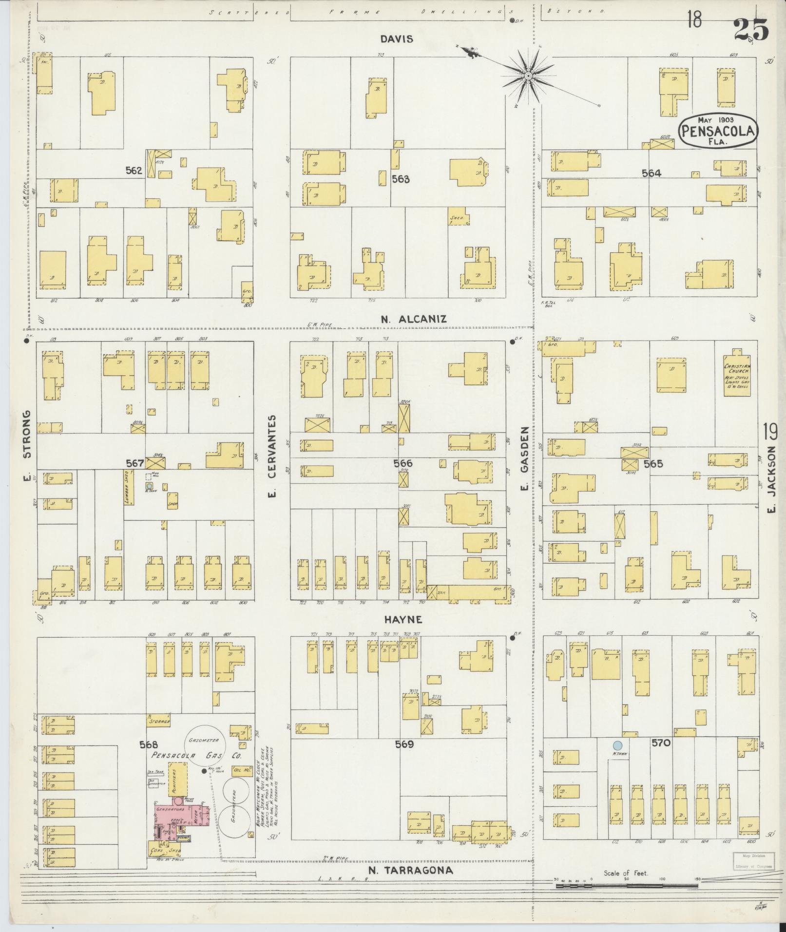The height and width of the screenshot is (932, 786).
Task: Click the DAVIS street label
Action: click(398, 39)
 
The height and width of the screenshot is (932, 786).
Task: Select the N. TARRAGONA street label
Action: click(410, 870)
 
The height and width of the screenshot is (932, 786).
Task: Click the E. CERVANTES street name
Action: click(272, 456)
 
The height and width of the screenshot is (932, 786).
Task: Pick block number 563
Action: click(401, 179)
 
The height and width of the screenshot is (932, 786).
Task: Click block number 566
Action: click(403, 463)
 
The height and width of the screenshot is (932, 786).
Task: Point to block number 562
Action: click(134, 171)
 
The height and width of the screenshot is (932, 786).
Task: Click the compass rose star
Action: click(528, 76)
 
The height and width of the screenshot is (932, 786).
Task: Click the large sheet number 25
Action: click(750, 30)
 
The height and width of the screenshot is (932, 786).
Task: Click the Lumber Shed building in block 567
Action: click(129, 487)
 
